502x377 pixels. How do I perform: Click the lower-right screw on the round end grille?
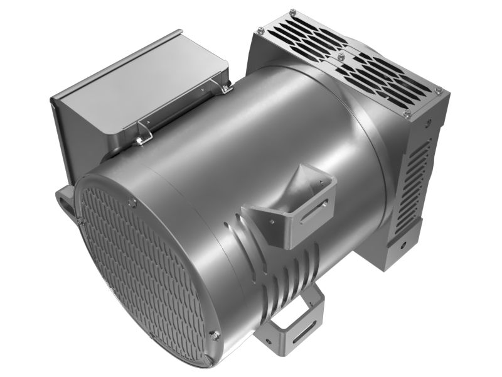(x=215, y=335)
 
